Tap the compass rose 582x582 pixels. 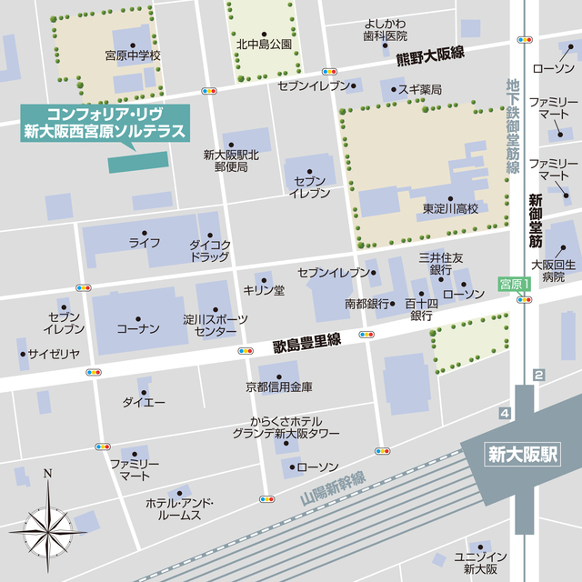47,524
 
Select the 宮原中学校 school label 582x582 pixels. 133,56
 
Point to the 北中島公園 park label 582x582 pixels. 264,43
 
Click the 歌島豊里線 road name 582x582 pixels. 306,343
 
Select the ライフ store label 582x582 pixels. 144,243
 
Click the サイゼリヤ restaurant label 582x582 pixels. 53,354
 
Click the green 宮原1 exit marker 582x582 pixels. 514,285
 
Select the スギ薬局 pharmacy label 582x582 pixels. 419,89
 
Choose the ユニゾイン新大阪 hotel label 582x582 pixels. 479,562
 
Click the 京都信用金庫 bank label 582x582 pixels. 279,387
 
